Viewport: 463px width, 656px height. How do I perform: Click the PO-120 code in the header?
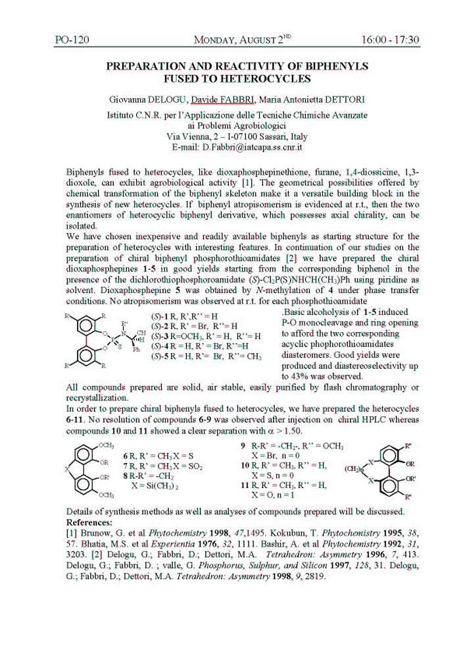coord(72,40)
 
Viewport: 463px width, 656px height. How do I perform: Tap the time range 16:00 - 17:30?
coord(390,40)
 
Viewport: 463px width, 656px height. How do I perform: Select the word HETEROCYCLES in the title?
coord(268,79)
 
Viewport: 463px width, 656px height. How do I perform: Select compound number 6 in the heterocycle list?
coord(126,456)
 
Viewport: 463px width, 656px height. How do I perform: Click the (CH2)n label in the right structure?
coord(354,470)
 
